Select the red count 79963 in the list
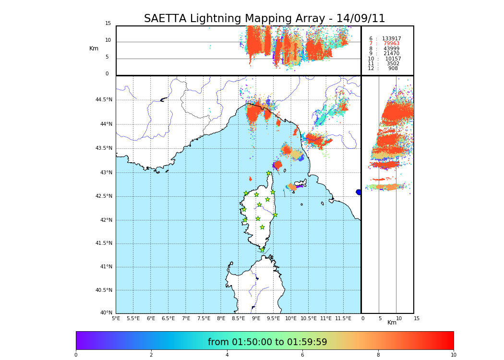click(x=391, y=44)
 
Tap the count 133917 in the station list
click(x=391, y=39)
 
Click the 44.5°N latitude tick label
click(x=103, y=100)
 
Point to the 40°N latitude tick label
click(x=106, y=313)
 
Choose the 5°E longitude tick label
click(x=116, y=318)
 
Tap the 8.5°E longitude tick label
click(x=238, y=318)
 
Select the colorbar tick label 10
click(x=453, y=355)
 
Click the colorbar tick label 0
click(x=76, y=355)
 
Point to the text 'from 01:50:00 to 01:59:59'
click(x=267, y=342)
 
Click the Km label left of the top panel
click(x=94, y=48)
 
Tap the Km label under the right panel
click(x=392, y=323)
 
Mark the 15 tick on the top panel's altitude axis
click(x=108, y=24)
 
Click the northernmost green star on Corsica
click(x=269, y=173)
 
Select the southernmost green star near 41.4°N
click(x=262, y=250)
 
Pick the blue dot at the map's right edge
click(x=359, y=192)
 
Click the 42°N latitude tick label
click(x=106, y=220)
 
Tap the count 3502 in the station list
click(x=393, y=64)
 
